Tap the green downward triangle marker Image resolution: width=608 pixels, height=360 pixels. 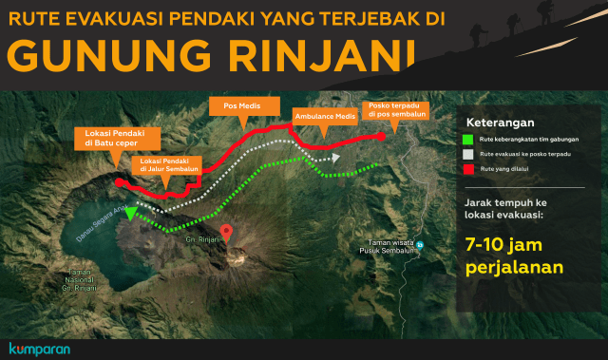click(x=129, y=213)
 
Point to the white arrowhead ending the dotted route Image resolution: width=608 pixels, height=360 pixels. click(x=335, y=159)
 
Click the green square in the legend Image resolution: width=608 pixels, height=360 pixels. click(x=468, y=139)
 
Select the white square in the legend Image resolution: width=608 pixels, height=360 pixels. click(x=468, y=154)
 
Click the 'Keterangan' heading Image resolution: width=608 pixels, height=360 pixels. click(x=500, y=123)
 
